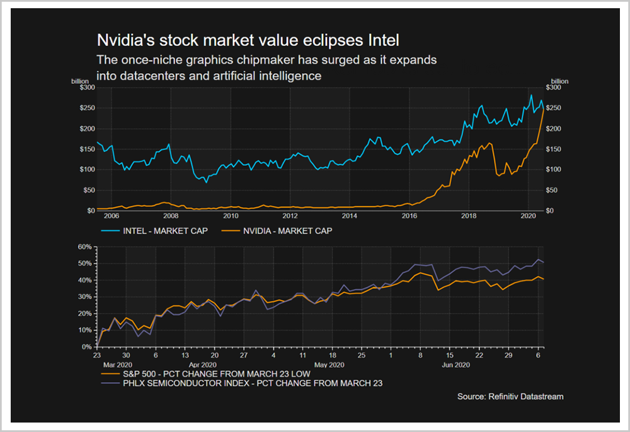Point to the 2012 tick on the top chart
point(290,216)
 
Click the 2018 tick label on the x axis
point(469,216)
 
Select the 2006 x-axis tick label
point(111,216)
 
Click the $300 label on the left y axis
point(86,88)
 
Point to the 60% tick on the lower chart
point(85,247)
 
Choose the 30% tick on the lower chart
point(85,296)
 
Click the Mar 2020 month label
point(116,365)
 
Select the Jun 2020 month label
point(455,365)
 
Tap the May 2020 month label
point(328,365)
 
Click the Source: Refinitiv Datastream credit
point(510,397)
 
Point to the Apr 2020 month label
point(203,365)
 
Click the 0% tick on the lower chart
point(88,347)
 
